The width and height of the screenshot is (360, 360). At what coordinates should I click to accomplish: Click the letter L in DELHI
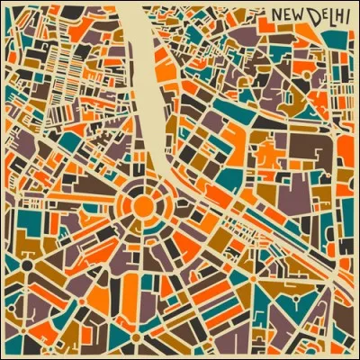326,16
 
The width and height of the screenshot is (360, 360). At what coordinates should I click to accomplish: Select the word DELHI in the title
325,16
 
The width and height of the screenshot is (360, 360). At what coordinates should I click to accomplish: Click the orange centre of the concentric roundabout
143,206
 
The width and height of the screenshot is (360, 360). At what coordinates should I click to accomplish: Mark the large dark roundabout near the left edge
27,266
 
